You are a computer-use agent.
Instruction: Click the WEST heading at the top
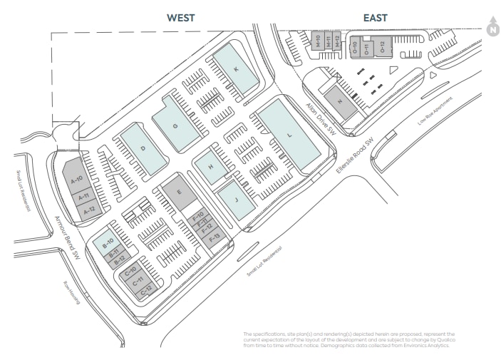pyautogui.click(x=181, y=18)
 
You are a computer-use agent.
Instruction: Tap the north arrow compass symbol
pyautogui.click(x=492, y=26)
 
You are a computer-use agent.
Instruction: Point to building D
pyautogui.click(x=143, y=148)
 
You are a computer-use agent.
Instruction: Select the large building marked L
pyautogui.click(x=289, y=135)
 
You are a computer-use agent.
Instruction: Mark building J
pyautogui.click(x=235, y=200)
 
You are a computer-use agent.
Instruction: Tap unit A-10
pyautogui.click(x=77, y=178)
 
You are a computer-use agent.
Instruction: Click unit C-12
pyautogui.click(x=145, y=290)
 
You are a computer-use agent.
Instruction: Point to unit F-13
pyautogui.click(x=215, y=236)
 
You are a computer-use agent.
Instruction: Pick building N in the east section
pyautogui.click(x=340, y=101)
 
